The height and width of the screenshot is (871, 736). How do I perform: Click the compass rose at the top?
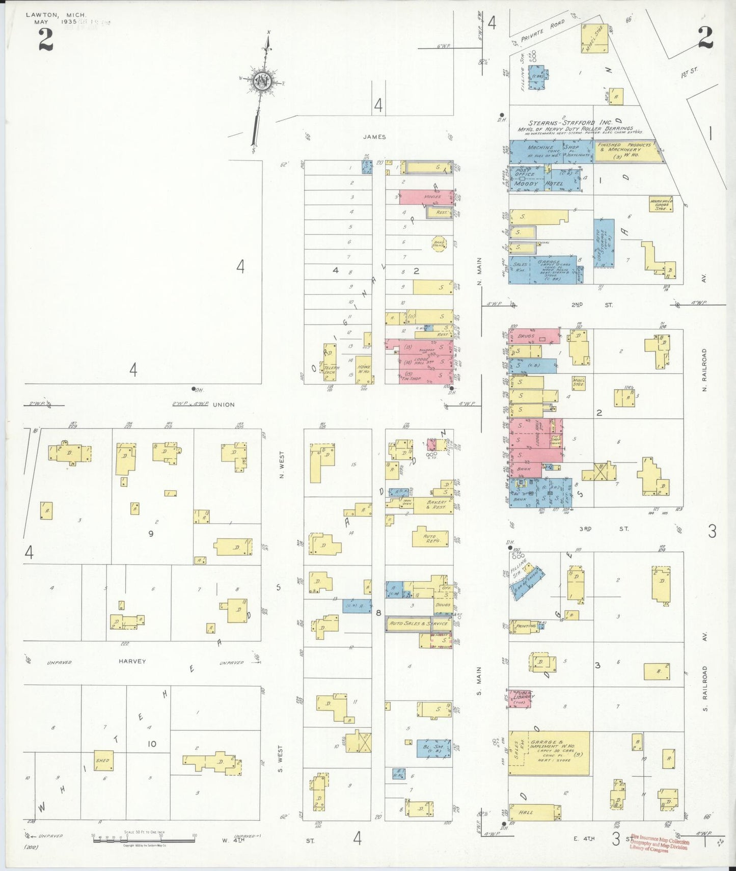pyautogui.click(x=263, y=81)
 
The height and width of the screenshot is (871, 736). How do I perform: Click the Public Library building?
pyautogui.click(x=520, y=698)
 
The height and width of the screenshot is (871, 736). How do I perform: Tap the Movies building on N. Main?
pyautogui.click(x=426, y=197)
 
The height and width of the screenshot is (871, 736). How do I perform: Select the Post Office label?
pyautogui.click(x=525, y=173)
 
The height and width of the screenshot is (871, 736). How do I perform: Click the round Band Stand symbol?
pyautogui.click(x=439, y=243)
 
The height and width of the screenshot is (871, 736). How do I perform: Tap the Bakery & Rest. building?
pyautogui.click(x=436, y=505)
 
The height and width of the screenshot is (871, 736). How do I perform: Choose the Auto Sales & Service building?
pyautogui.click(x=418, y=623)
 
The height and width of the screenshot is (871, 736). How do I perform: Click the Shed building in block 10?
pyautogui.click(x=103, y=760)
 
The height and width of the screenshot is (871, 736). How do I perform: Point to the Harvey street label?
pyautogui.click(x=132, y=661)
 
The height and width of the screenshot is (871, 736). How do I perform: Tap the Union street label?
pyautogui.click(x=224, y=404)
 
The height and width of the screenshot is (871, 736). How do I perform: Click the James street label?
pyautogui.click(x=374, y=137)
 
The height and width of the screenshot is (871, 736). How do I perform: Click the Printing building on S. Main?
pyautogui.click(x=525, y=626)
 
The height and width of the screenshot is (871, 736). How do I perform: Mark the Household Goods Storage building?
pyautogui.click(x=661, y=205)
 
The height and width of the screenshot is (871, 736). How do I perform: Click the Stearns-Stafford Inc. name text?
pyautogui.click(x=570, y=123)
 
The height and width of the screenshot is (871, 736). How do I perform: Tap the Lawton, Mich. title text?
pyautogui.click(x=56, y=15)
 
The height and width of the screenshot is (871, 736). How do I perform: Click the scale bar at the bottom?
pyautogui.click(x=144, y=837)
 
